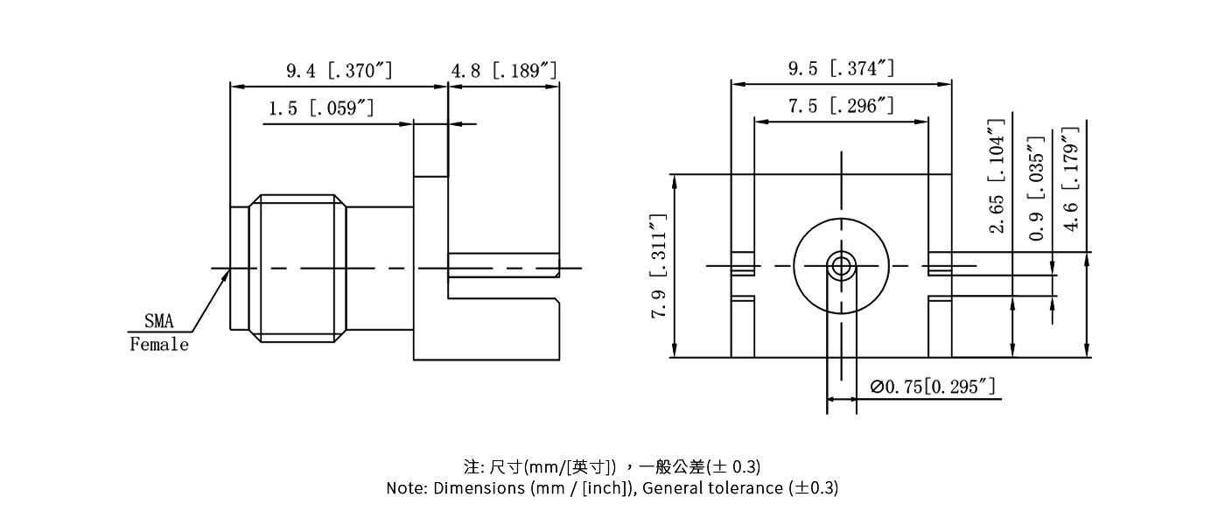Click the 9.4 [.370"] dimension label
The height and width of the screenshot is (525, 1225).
pyautogui.click(x=339, y=70)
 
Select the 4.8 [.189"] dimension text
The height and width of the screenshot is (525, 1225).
pyautogui.click(x=504, y=70)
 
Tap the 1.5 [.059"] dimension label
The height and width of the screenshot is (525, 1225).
pyautogui.click(x=321, y=108)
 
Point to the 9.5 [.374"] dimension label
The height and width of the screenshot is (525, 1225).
pyautogui.click(x=841, y=68)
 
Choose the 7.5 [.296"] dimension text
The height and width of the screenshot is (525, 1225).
pyautogui.click(x=841, y=107)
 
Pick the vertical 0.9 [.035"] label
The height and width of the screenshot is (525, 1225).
pyautogui.click(x=1037, y=188)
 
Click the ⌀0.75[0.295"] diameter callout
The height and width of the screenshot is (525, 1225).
pyautogui.click(x=933, y=387)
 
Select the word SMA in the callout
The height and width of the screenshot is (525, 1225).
pyautogui.click(x=158, y=323)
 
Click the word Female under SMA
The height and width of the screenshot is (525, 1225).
pyautogui.click(x=159, y=345)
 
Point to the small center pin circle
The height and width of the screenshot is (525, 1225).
pyautogui.click(x=841, y=266)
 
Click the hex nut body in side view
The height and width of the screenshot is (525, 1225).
pyautogui.click(x=297, y=267)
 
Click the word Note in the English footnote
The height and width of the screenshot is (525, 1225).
pyautogui.click(x=405, y=488)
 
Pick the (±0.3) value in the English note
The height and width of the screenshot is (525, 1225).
pyautogui.click(x=813, y=488)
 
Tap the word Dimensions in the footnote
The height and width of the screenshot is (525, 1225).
pyautogui.click(x=479, y=488)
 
